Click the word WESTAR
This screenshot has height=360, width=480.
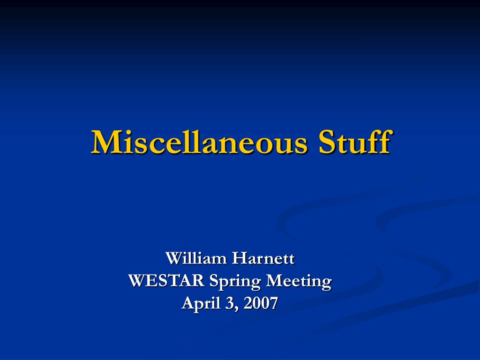[x=166, y=281]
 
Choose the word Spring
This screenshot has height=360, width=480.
[x=235, y=282]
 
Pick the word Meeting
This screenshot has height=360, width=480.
[x=299, y=282]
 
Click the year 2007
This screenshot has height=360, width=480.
[x=261, y=303]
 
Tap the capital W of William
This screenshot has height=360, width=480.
[x=174, y=258]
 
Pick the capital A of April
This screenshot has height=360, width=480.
[x=187, y=303]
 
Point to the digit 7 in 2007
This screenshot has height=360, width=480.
[x=273, y=303]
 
